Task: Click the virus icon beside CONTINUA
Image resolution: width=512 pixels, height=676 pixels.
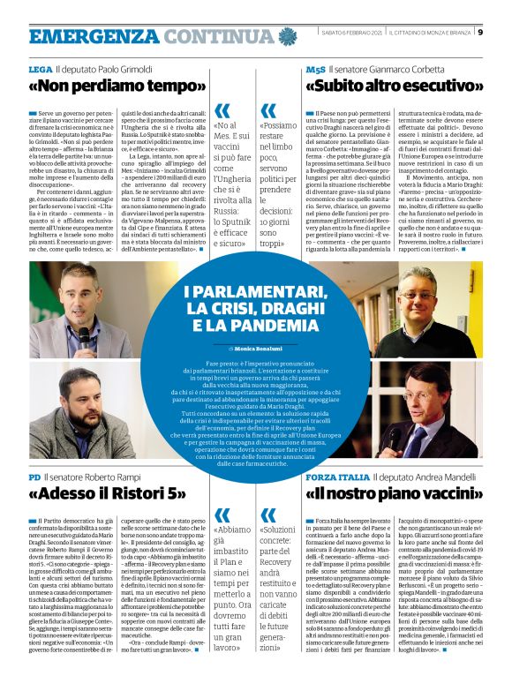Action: point(287,36)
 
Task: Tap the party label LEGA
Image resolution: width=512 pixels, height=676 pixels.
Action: point(40,68)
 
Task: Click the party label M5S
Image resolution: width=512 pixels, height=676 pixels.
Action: point(315,68)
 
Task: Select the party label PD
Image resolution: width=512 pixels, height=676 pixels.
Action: point(34,477)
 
